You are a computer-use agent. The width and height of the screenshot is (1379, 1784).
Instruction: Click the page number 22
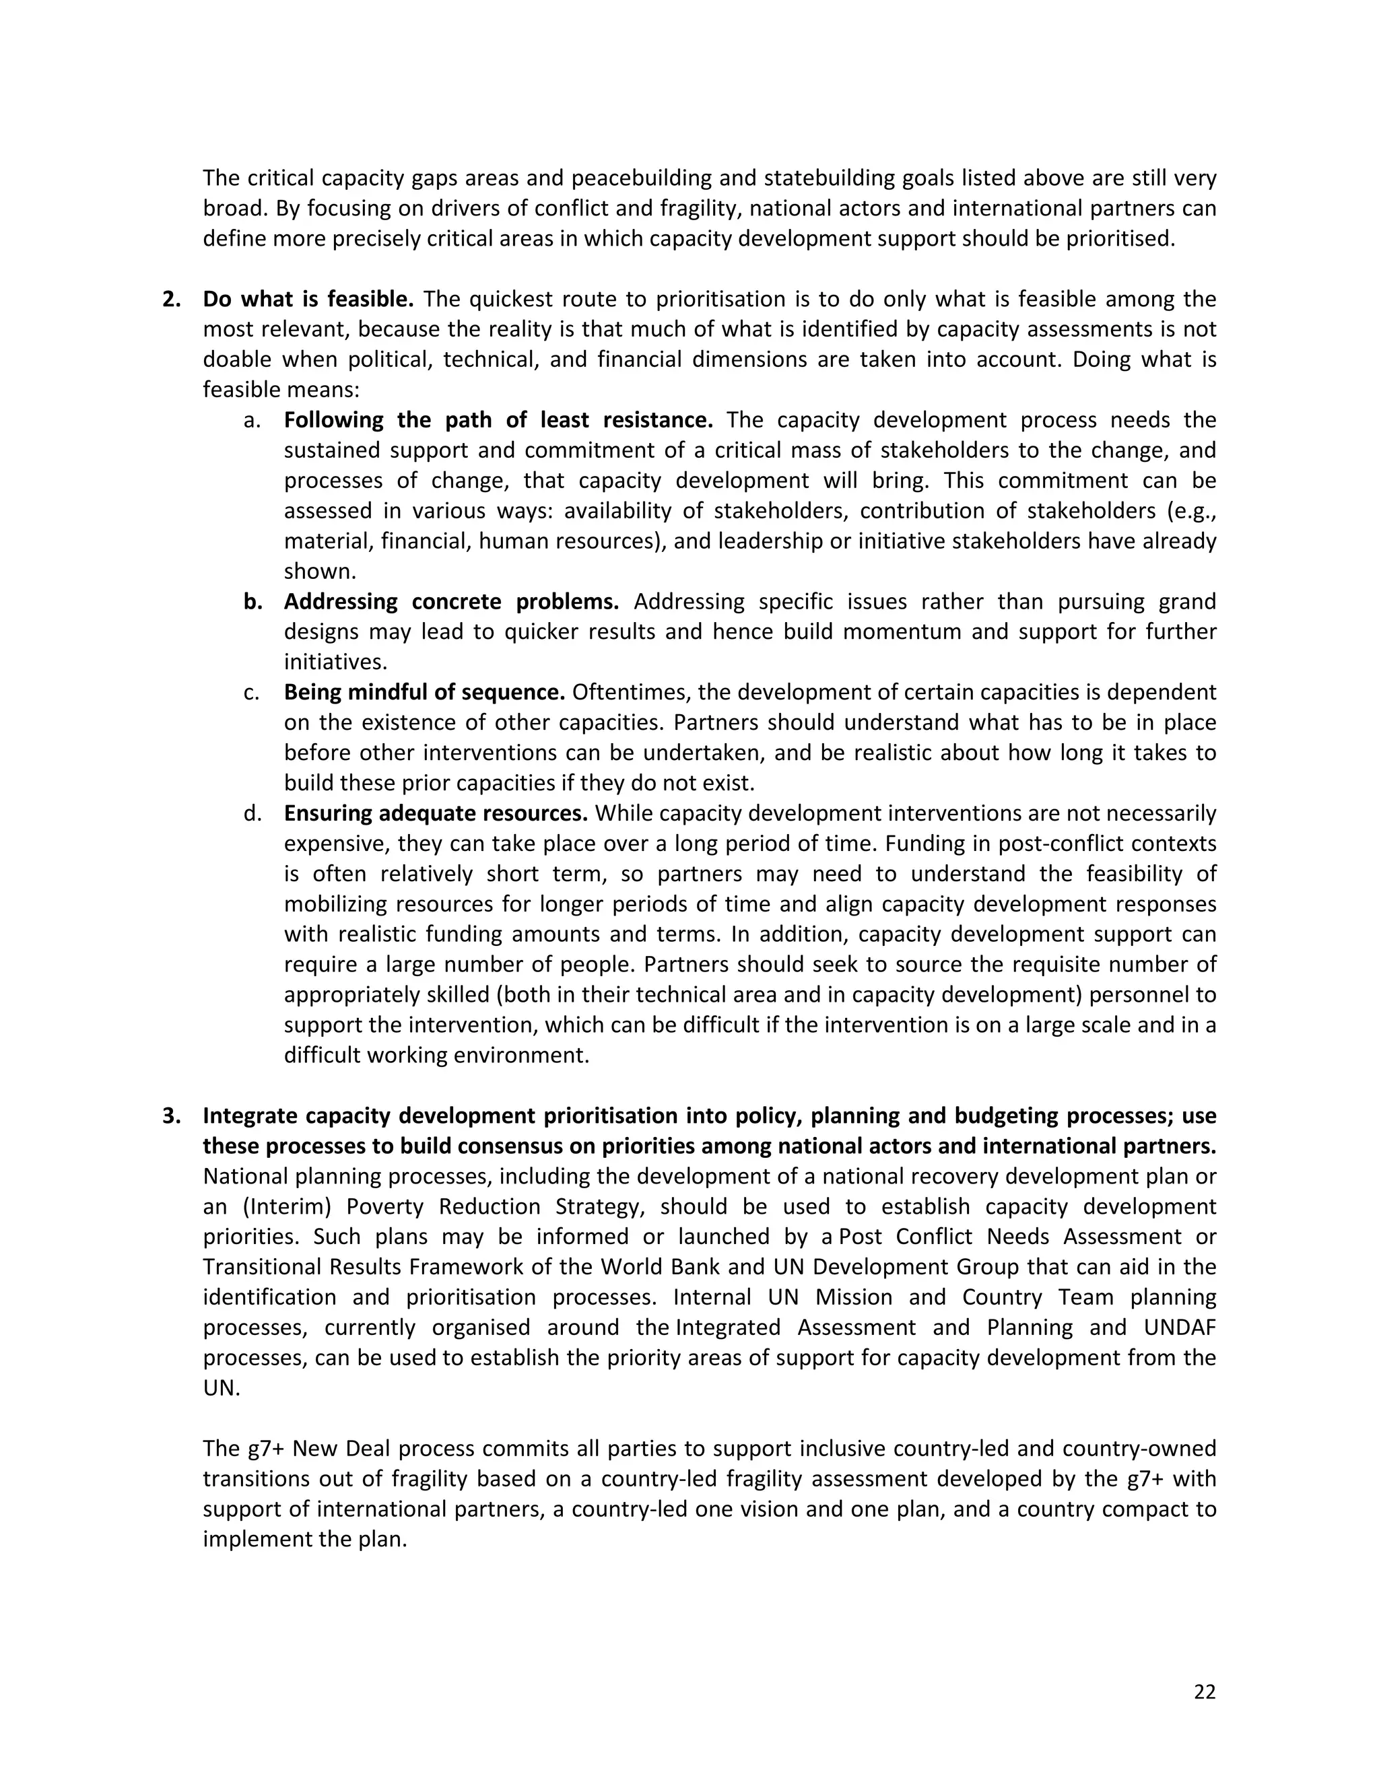(1204, 1692)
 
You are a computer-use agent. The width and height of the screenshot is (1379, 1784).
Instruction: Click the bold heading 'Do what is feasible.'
(308, 300)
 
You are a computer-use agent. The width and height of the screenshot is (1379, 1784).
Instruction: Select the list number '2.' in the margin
(172, 300)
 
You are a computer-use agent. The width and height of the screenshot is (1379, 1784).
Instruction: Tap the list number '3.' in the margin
(172, 1116)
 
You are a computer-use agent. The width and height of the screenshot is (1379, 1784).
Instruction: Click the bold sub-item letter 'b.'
(253, 602)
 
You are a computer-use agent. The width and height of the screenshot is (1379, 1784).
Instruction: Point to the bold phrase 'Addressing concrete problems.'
(451, 602)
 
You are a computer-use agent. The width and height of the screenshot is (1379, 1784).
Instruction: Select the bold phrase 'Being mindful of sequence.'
(424, 693)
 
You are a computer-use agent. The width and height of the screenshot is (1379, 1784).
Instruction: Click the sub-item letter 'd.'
(253, 814)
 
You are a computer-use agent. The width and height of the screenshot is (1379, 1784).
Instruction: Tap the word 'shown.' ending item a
(318, 572)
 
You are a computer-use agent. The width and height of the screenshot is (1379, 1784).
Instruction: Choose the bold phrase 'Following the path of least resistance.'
(498, 421)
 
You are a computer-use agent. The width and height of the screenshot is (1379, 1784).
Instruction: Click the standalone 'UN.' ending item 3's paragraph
(222, 1388)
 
